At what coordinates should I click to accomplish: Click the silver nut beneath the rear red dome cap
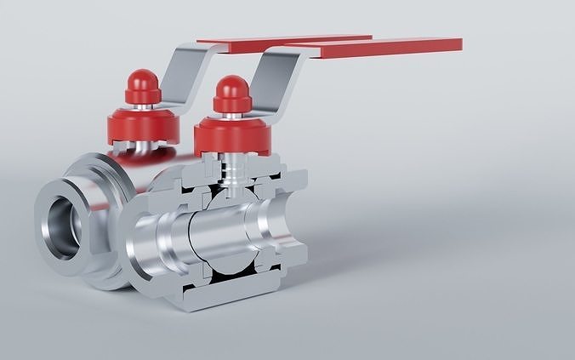[141, 108]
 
